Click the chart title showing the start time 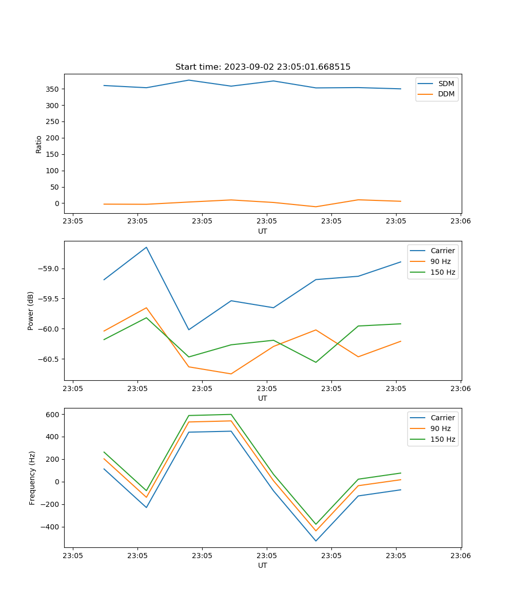click(x=263, y=67)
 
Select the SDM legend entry click(x=446, y=84)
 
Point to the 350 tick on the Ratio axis click(x=53, y=89)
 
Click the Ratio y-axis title click(x=39, y=144)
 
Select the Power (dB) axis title click(x=31, y=311)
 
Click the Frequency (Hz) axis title click(x=32, y=478)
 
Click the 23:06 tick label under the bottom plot click(x=460, y=556)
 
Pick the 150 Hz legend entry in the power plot click(x=443, y=272)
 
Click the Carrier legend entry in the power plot click(x=442, y=251)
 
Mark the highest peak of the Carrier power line click(x=146, y=247)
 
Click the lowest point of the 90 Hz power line click(x=231, y=374)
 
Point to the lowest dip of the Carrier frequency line click(x=315, y=541)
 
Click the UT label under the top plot click(x=263, y=231)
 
